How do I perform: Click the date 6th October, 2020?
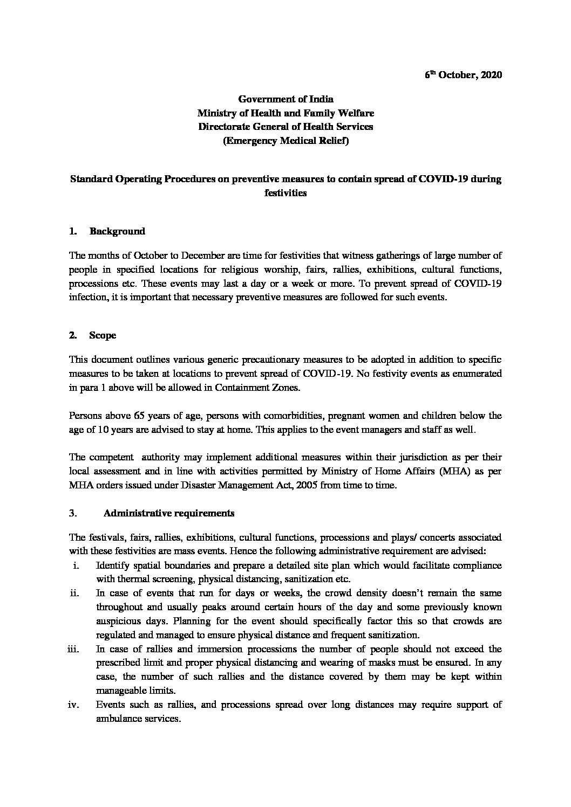coord(463,75)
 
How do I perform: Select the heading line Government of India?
coord(285,99)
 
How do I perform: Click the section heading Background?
coord(117,231)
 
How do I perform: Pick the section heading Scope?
coord(103,335)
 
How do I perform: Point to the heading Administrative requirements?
coord(168,513)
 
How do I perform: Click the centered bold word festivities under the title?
coord(285,193)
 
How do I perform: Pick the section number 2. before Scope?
coord(73,335)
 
